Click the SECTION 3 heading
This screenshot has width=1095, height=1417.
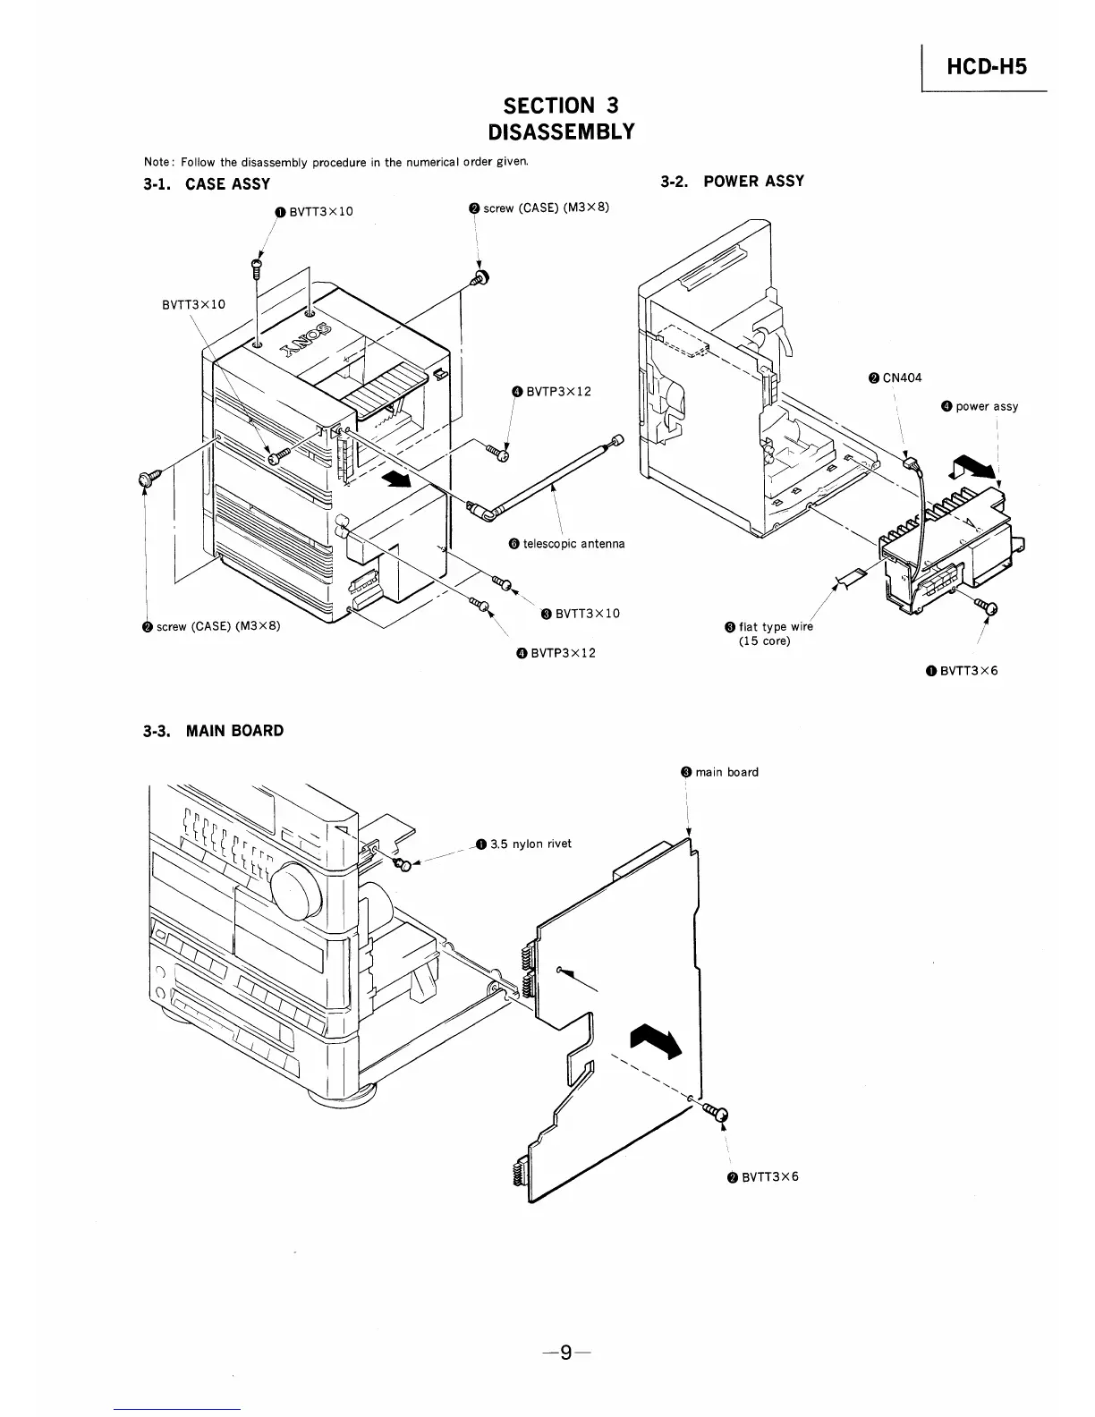pos(561,106)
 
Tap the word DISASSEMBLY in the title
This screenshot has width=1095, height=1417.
pos(561,132)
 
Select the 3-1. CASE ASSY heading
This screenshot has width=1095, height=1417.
pos(207,183)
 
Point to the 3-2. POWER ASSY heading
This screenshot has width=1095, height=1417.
pos(732,181)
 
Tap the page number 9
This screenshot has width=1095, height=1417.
pos(564,1352)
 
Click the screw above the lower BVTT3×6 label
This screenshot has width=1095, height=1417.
pos(717,1113)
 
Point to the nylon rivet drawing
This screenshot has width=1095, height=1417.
pos(403,863)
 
